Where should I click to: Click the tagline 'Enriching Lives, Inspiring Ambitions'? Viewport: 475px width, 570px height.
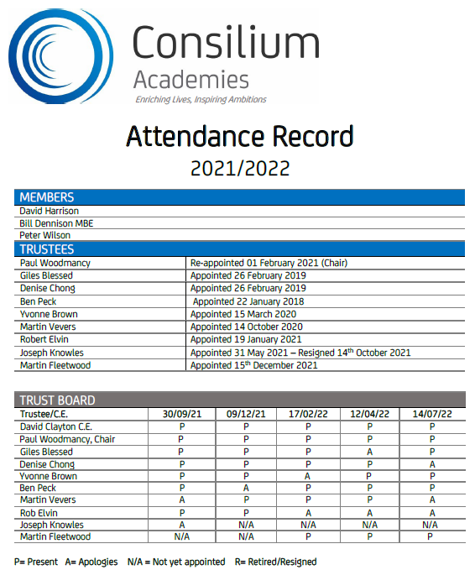(201, 100)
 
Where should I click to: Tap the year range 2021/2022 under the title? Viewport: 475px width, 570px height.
(240, 168)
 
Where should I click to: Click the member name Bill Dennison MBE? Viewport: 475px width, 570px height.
(56, 223)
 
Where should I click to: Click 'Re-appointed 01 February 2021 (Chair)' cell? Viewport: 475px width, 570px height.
(269, 263)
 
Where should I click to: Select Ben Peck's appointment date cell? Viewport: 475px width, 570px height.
(248, 301)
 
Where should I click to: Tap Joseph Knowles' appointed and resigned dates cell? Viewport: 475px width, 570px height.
(300, 353)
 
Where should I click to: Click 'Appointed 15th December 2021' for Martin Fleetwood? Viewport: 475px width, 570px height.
(254, 365)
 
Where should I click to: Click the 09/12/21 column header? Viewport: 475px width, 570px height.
(246, 414)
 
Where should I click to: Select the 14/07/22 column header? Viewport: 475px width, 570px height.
(432, 414)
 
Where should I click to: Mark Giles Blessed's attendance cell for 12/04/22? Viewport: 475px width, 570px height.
(369, 452)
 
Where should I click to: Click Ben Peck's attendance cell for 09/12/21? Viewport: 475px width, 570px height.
(246, 488)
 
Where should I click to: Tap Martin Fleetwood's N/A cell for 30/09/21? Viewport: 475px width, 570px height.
(182, 536)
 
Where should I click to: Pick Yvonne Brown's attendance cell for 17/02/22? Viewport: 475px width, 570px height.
(307, 476)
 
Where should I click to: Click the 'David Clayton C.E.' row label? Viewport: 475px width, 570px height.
(56, 426)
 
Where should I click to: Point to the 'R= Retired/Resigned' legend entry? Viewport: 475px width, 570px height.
(275, 562)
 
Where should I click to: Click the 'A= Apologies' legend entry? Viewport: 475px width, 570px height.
(91, 562)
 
